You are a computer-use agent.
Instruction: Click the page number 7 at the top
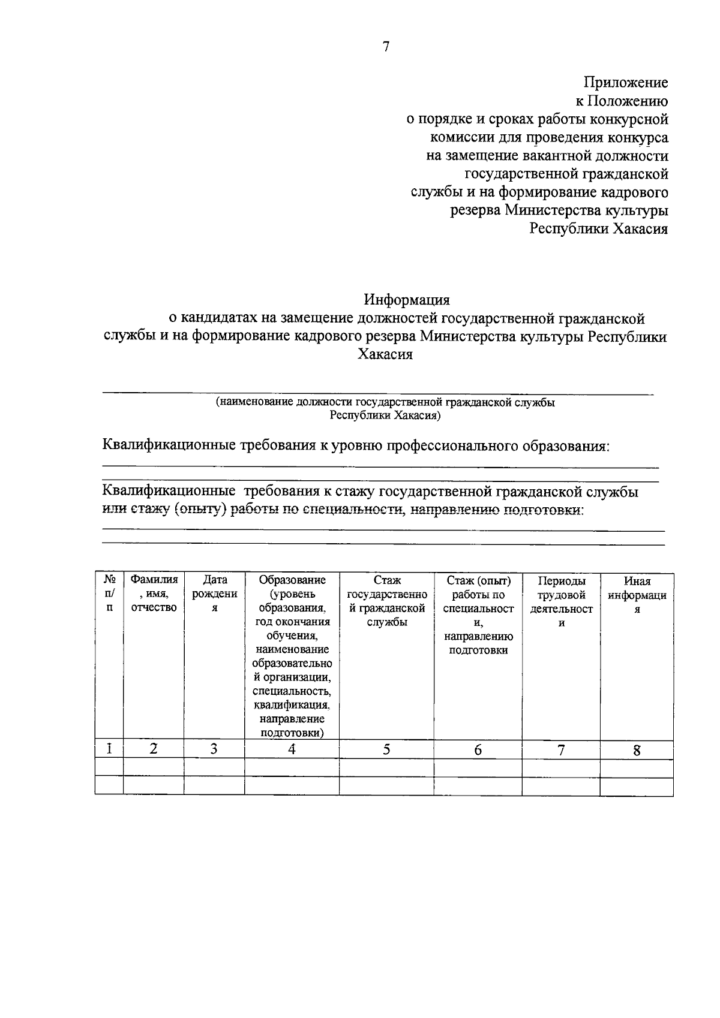coord(386,47)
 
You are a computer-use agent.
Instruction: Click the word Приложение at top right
coord(626,82)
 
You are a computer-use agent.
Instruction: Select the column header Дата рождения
coord(214,594)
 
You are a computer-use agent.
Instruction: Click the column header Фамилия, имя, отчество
coord(154,594)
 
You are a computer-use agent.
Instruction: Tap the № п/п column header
coord(109,594)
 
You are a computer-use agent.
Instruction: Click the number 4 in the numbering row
coord(292,749)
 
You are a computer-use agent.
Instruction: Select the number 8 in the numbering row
coord(637,750)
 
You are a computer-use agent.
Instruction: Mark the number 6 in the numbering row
coord(478,749)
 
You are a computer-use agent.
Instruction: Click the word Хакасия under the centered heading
coord(385,354)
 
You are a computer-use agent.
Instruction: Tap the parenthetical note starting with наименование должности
coord(385,408)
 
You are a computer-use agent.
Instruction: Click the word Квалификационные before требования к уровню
coord(169,446)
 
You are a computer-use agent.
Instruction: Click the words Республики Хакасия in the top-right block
coord(598,229)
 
